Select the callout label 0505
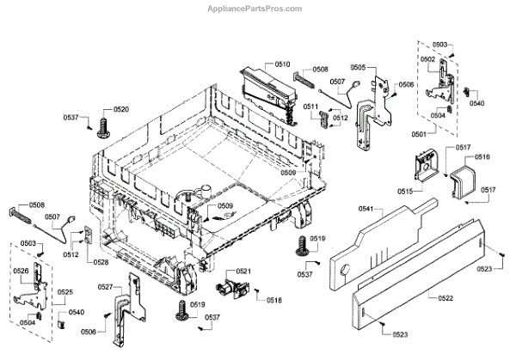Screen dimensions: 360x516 (x=358, y=67)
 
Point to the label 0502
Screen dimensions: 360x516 (x=427, y=58)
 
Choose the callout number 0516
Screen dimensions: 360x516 (x=482, y=157)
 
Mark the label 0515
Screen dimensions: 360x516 (x=405, y=191)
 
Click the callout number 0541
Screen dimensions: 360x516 (x=365, y=209)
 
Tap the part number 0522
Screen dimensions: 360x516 (x=445, y=297)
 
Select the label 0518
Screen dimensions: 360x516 (x=274, y=300)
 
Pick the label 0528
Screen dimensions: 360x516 (x=101, y=262)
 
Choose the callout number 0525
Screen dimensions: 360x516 (x=65, y=293)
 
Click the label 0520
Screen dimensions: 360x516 (x=121, y=110)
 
